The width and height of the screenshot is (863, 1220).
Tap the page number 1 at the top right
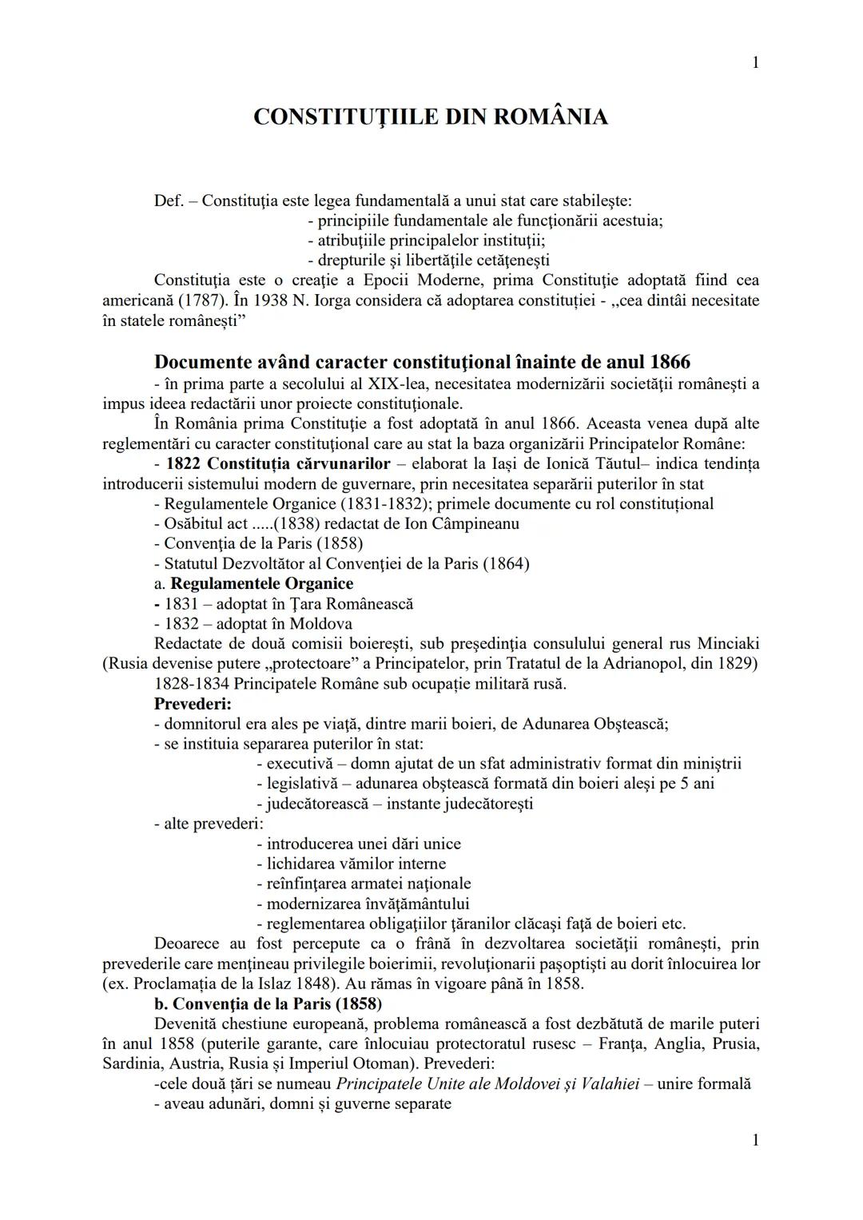[755, 62]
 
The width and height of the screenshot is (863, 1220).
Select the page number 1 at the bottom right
[755, 1140]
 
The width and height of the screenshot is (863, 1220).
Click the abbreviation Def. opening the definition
[169, 201]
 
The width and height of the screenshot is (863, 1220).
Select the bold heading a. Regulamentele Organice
[254, 583]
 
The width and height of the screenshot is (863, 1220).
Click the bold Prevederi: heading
[193, 704]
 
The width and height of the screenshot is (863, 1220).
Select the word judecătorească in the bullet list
[317, 804]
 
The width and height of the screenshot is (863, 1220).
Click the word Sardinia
[133, 1064]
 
